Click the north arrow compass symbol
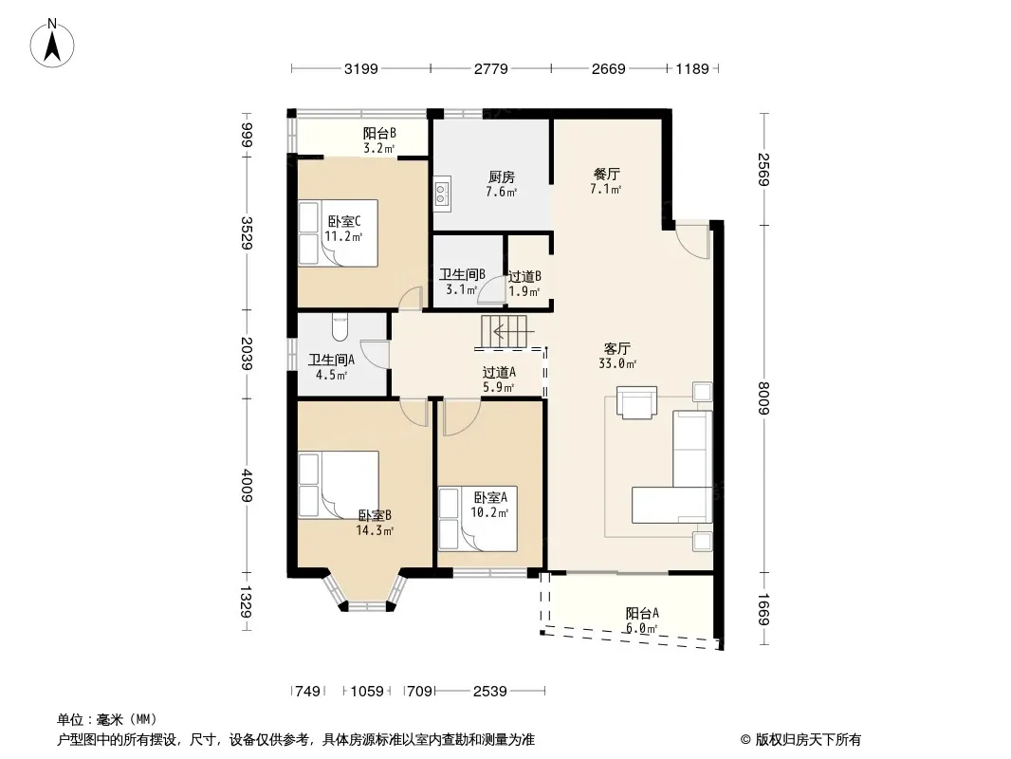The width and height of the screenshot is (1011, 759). (52, 43)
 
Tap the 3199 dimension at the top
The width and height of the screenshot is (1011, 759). (360, 68)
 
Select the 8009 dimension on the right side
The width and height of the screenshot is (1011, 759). (764, 398)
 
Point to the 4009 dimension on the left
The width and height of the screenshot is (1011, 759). (247, 485)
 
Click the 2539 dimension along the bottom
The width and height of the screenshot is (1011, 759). (490, 692)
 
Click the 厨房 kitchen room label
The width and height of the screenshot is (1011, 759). (501, 176)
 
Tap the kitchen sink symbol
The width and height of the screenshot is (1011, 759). (442, 193)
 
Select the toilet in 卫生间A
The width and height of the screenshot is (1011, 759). (340, 327)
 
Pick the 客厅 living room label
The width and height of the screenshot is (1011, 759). (617, 348)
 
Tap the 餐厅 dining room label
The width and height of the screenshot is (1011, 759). (606, 175)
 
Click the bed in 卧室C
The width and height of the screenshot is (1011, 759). (338, 232)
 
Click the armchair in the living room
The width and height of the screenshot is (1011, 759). (636, 402)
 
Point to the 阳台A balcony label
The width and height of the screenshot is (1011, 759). (642, 613)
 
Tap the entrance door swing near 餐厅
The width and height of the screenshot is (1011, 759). (691, 239)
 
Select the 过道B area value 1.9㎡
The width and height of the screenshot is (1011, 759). (524, 291)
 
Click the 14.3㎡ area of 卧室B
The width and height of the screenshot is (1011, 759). (375, 530)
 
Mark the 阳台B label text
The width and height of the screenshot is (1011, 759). (379, 134)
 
